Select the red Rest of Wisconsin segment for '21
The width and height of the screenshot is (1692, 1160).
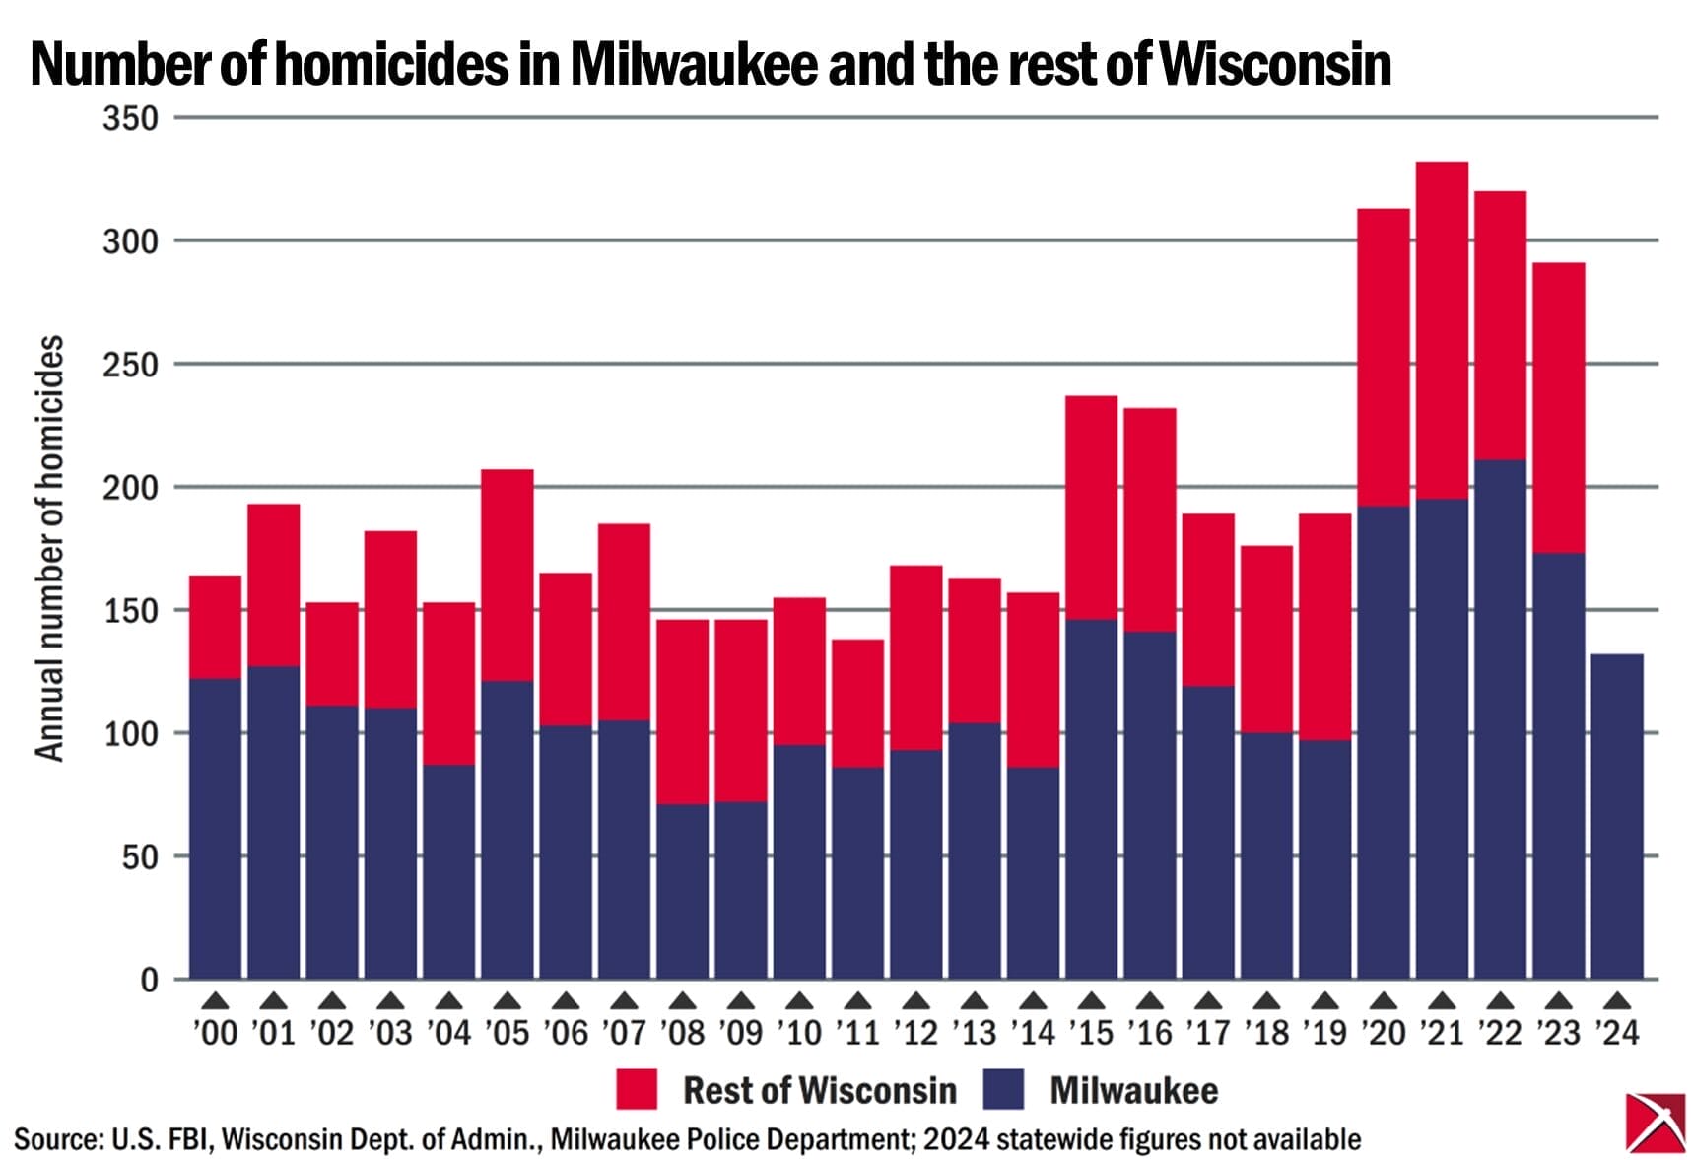tap(1442, 330)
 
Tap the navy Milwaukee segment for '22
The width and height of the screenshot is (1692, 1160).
tap(1500, 719)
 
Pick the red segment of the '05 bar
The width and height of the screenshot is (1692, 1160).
tap(508, 575)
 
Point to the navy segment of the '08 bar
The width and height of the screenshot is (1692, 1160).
tap(682, 892)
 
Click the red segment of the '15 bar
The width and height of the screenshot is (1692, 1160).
tap(1091, 508)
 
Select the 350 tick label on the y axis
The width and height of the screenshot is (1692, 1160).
tap(130, 118)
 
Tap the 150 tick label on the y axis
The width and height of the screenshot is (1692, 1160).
tap(130, 611)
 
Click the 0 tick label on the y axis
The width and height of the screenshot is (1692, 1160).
tap(149, 980)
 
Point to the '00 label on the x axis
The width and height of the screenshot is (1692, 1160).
tap(215, 1032)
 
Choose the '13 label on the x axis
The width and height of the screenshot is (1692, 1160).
tap(975, 1032)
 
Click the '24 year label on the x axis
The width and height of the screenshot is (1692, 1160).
tap(1617, 1032)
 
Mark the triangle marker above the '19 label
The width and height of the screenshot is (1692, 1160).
tap(1325, 1001)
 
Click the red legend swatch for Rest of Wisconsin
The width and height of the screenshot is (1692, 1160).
tap(636, 1089)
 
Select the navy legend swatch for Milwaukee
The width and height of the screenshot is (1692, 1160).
tap(1004, 1089)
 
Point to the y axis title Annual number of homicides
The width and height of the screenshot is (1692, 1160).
tap(49, 548)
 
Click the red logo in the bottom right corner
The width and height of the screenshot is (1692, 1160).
tap(1655, 1122)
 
